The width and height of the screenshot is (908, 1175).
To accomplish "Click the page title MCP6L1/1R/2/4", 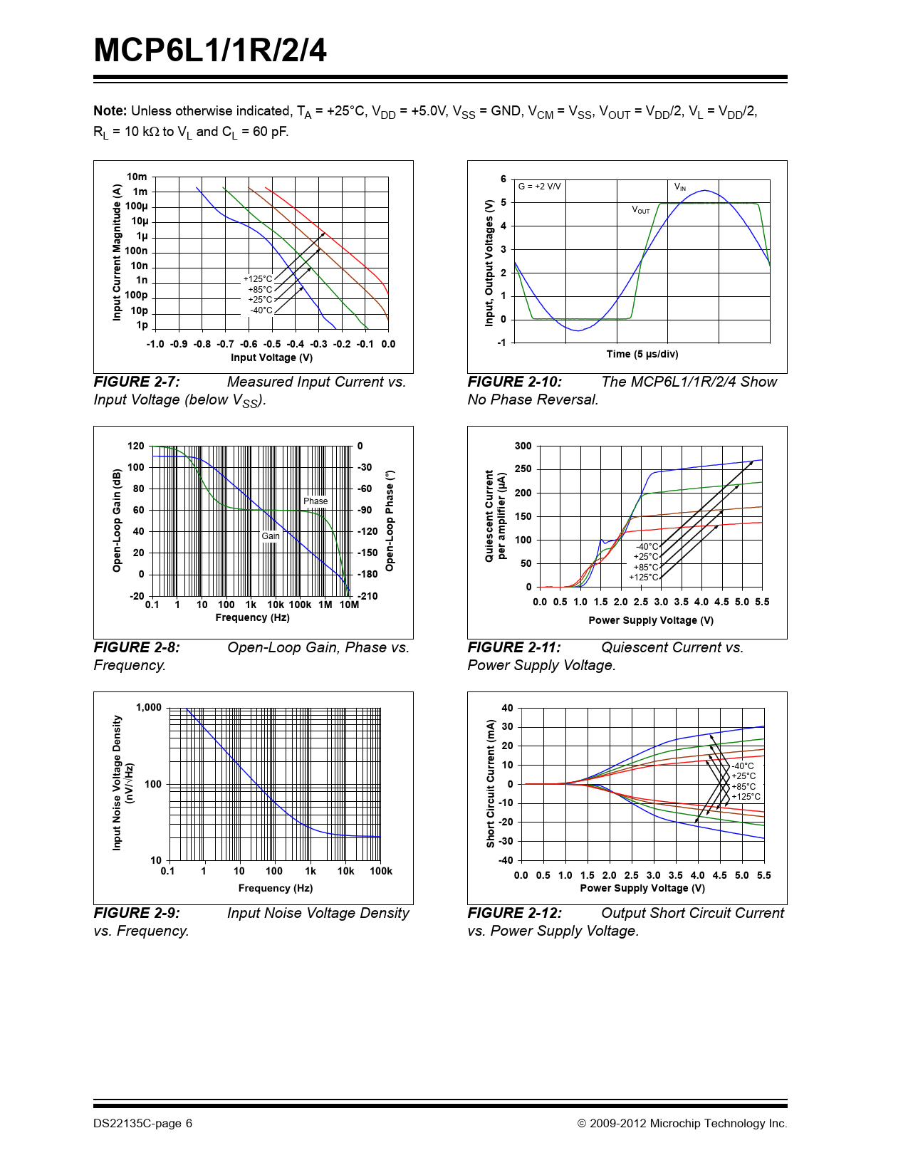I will tap(210, 51).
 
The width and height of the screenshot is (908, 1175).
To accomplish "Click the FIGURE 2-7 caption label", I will tap(137, 382).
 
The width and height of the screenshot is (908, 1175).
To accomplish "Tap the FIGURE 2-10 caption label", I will tap(514, 382).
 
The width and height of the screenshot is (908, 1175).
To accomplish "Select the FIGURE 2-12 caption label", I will tap(514, 914).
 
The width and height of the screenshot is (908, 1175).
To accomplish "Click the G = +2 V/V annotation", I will tap(539, 187).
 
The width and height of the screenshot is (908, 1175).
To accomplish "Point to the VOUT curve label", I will tap(641, 210).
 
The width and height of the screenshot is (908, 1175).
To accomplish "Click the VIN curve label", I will tap(680, 187).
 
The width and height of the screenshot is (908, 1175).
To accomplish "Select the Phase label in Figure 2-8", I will tap(315, 501).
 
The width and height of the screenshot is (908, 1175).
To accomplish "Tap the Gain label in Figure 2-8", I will tap(271, 536).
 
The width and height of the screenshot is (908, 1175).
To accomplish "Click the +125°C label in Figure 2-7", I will tap(258, 279).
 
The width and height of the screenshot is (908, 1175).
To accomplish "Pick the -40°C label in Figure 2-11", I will tap(647, 547).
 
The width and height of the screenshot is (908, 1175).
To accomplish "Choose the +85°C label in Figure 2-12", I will tap(743, 787).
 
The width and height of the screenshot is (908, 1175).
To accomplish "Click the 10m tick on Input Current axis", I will tap(137, 177).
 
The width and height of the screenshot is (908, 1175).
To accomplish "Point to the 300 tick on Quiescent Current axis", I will tap(523, 446).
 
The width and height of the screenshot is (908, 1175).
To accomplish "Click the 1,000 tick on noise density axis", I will tap(149, 707).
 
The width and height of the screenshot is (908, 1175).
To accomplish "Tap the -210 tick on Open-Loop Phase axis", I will tap(367, 596).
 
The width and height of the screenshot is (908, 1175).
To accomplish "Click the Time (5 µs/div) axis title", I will tap(642, 354).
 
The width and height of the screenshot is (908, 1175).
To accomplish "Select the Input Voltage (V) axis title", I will tap(271, 357).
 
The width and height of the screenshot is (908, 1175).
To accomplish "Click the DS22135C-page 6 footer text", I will tap(142, 1124).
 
